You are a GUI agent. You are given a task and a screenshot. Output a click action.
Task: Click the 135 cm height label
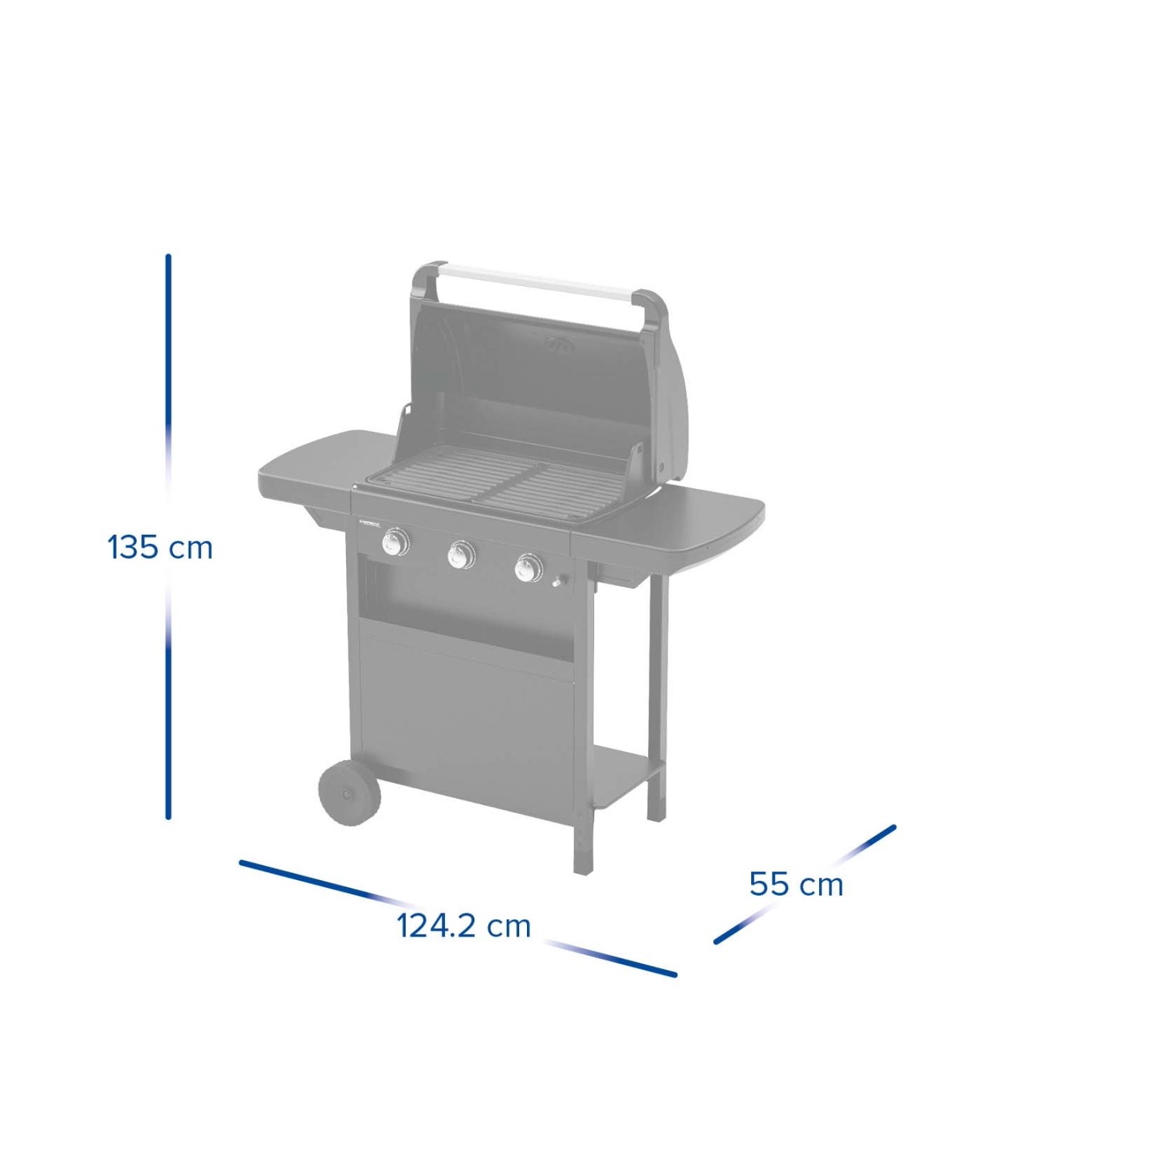(160, 548)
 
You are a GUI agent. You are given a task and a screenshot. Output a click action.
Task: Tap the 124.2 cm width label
(464, 926)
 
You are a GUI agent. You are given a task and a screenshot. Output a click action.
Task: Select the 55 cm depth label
(796, 884)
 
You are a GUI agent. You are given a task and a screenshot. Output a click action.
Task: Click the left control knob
(396, 542)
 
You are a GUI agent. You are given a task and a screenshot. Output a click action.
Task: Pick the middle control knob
(461, 554)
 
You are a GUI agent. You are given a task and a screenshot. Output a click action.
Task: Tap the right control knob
(529, 568)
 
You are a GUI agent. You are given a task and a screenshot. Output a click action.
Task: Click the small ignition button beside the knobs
(558, 582)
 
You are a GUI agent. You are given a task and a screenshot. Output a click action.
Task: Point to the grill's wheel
(349, 793)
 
